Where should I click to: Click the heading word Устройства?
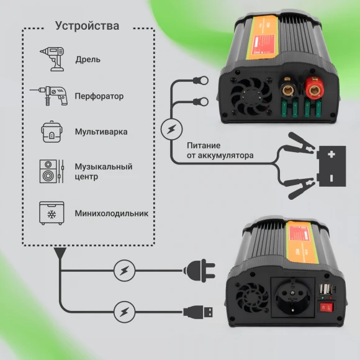click(x=87, y=26)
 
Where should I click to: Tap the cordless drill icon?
click(x=51, y=59)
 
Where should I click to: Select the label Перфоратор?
click(x=99, y=96)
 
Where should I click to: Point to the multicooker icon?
click(x=51, y=132)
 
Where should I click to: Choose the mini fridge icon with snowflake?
click(x=51, y=212)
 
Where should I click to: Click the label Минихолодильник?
click(x=112, y=213)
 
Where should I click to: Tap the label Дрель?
click(x=88, y=60)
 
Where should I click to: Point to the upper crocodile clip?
click(x=292, y=151)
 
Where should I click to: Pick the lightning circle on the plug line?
click(x=124, y=270)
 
